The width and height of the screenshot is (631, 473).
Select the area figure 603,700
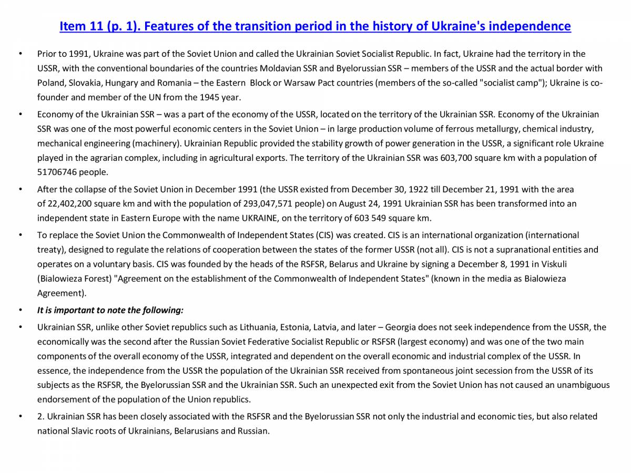pos(458,158)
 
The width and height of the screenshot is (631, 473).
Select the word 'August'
pos(353,203)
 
